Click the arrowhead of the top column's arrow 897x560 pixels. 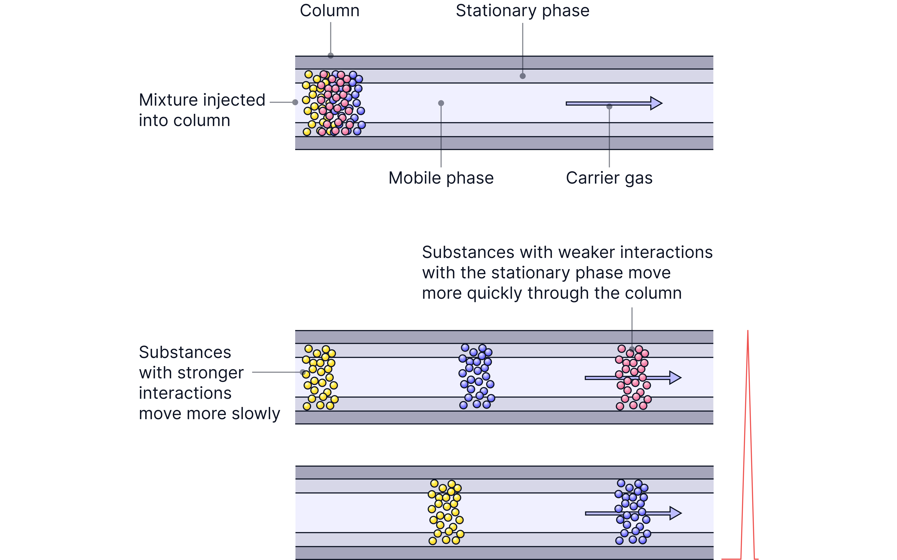[x=656, y=103]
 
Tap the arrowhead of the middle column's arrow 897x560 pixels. [x=675, y=377]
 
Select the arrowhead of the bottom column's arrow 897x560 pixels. [x=675, y=513]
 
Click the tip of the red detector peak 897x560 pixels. [x=748, y=331]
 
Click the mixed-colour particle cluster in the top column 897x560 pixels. [x=333, y=103]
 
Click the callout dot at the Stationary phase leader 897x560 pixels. [x=522, y=76]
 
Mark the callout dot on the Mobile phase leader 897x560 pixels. [x=441, y=103]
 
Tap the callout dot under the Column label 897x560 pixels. [x=331, y=56]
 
